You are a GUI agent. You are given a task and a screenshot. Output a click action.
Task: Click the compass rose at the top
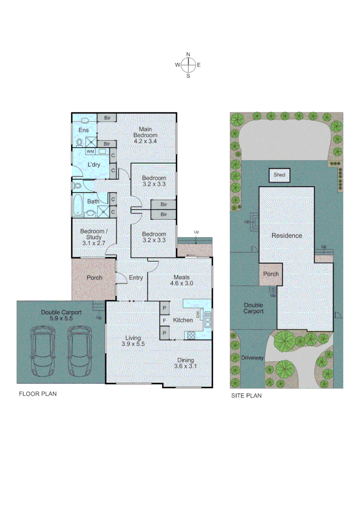click(188, 65)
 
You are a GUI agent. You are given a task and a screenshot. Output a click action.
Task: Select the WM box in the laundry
click(90, 152)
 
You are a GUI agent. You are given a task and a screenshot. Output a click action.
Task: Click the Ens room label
click(84, 130)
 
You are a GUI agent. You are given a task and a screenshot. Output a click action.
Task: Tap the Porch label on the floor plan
click(94, 278)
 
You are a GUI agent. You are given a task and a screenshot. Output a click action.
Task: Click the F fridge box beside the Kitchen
click(164, 321)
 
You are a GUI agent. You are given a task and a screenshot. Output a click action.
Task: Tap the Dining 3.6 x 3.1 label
click(185, 362)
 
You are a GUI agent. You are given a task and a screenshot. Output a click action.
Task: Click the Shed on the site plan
click(279, 175)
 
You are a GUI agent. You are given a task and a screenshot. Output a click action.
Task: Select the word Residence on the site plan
click(286, 236)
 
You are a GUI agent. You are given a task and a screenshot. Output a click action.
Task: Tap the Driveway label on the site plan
click(252, 358)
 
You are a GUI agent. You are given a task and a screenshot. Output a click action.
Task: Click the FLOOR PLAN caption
click(37, 394)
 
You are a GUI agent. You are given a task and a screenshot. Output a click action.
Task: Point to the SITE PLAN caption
click(246, 396)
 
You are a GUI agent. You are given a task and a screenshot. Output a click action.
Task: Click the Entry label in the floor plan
click(136, 278)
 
